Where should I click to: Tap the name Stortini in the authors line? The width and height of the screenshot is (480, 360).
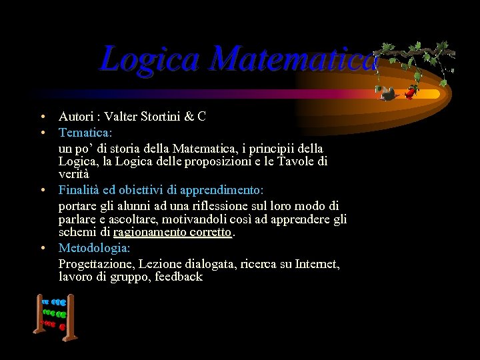[159, 117]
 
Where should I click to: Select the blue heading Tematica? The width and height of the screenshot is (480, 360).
[85, 132]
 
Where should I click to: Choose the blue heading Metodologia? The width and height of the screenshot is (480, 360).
[95, 248]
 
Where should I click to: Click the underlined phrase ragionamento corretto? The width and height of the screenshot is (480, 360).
[173, 232]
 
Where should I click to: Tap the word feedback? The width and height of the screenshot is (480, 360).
[179, 276]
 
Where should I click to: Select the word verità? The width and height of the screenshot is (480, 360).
[74, 173]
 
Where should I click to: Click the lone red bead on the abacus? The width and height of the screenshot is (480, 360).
[62, 327]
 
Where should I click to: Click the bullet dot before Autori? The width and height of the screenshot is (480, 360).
[41, 117]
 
